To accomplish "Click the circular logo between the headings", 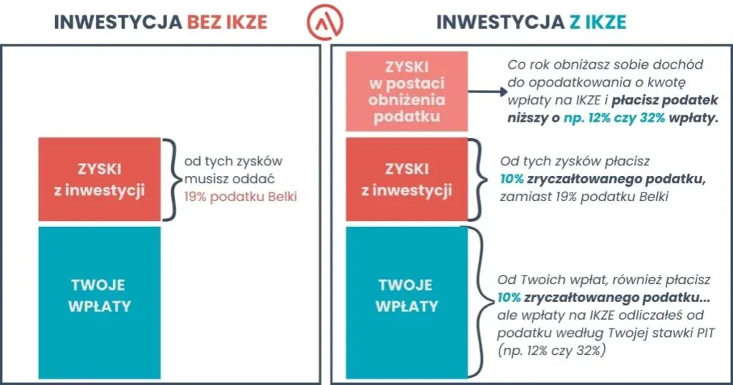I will click(325, 21).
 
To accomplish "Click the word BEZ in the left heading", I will click(207, 22).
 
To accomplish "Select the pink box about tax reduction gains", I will click(406, 92).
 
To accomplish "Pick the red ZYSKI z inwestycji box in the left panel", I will click(100, 180).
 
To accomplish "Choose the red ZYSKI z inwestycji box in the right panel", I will click(406, 180).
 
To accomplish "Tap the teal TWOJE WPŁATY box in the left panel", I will click(100, 303).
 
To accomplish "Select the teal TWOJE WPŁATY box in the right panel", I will click(406, 303).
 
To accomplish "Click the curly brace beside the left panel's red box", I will click(171, 180).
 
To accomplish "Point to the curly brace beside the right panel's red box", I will click(476, 180).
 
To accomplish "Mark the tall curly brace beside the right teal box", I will click(479, 303).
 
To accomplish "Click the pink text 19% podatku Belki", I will click(239, 195).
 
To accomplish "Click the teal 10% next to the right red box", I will click(512, 179).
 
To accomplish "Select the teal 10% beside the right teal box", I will click(509, 297).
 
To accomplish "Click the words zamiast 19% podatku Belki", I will click(584, 196).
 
